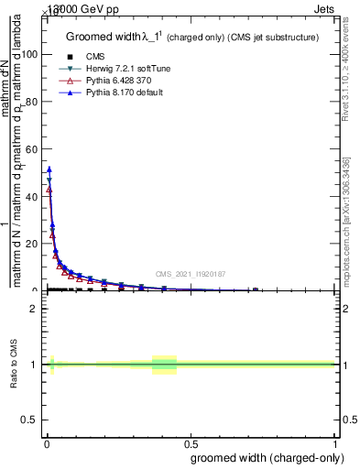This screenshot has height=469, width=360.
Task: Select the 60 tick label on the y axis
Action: [x=33, y=148]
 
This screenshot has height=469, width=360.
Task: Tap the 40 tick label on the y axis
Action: [x=33, y=196]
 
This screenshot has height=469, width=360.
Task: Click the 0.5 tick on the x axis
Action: [x=191, y=442]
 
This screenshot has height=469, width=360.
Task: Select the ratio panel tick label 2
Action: [x=34, y=309]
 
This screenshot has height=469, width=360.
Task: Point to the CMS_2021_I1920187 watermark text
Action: [x=190, y=274]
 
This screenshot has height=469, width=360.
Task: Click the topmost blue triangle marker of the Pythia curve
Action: [x=49, y=169]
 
